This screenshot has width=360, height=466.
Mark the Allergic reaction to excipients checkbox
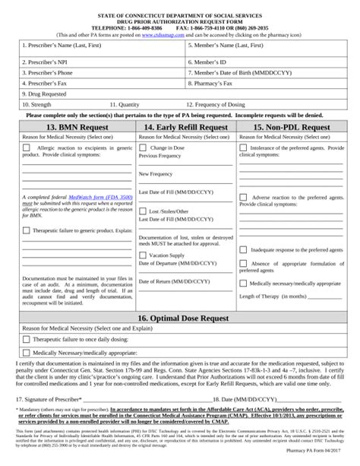(27, 147)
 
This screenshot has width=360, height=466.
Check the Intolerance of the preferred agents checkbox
(243, 147)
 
